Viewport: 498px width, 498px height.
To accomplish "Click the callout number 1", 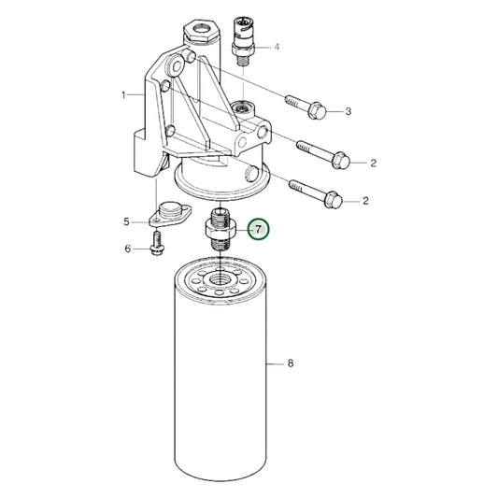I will coord(123,95).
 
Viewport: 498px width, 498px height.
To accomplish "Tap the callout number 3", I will coord(348,112).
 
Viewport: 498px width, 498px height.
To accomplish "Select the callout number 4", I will coord(276,46).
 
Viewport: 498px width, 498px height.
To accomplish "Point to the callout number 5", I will coord(127,221).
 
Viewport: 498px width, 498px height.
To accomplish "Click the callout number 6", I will coord(127,249).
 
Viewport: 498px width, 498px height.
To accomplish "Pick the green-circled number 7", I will coord(257,228).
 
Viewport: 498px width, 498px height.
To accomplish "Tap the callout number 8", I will coord(292,364).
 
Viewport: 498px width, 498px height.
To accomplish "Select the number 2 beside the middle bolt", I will coord(373,163).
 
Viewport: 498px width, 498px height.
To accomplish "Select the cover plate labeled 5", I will coord(169,213).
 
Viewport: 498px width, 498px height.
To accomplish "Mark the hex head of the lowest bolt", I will coord(335,198).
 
